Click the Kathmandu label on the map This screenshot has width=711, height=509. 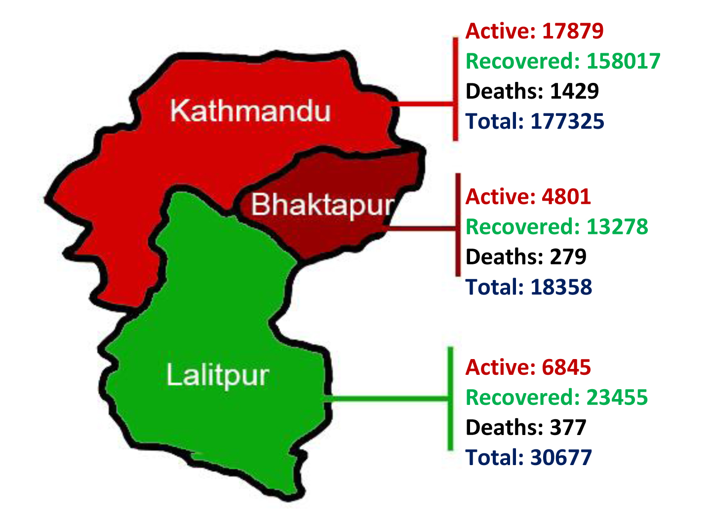pos(250,110)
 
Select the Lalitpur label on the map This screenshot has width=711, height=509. pos(217,375)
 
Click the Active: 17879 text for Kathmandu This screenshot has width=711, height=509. pos(534,31)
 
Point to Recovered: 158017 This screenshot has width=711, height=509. pos(563,61)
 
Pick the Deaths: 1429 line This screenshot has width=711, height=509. pos(532,91)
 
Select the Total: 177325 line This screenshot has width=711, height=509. pos(535,121)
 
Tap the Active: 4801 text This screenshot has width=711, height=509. pos(528,197)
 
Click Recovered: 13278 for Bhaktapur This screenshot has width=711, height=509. pos(556,227)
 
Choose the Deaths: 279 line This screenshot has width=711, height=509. pos(525,257)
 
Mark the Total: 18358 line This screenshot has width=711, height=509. pos(528,287)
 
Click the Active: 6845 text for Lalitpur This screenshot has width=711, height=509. pos(528,367)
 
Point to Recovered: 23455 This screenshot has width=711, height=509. pos(556,398)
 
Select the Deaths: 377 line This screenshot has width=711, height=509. pos(525,428)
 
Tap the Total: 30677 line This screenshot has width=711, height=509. pos(528,458)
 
